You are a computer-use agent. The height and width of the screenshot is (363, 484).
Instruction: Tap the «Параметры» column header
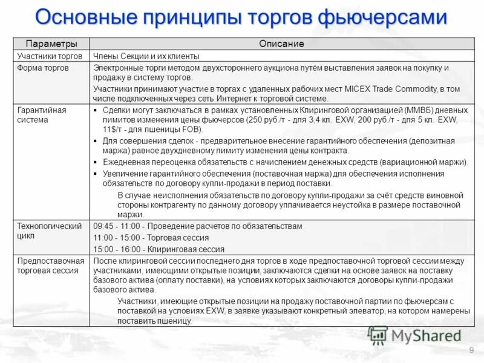click(x=51, y=44)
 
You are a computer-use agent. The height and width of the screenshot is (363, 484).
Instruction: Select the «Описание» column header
click(x=281, y=44)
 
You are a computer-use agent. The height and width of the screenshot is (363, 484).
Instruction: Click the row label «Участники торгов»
click(x=50, y=56)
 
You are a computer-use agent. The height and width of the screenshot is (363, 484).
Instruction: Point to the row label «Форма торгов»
click(x=43, y=68)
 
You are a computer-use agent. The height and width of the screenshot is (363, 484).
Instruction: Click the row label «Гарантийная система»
click(x=42, y=115)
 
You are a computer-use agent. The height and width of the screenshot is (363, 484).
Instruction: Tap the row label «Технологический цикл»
click(x=49, y=231)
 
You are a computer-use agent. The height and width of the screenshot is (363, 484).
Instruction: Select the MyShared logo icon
click(x=378, y=335)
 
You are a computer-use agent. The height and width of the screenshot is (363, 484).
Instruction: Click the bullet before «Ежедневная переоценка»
click(x=97, y=162)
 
